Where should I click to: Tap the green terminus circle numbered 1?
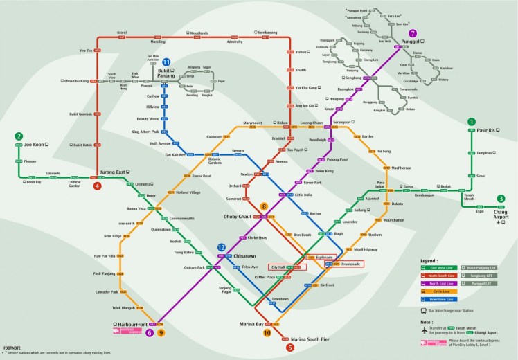pos(471,122)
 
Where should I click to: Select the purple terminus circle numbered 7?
pos(413,33)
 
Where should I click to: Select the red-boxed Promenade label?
pos(350,264)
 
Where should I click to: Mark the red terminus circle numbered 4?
pos(98,186)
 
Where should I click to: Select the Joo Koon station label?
pos(35,145)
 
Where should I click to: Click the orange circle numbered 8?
pos(263,206)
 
